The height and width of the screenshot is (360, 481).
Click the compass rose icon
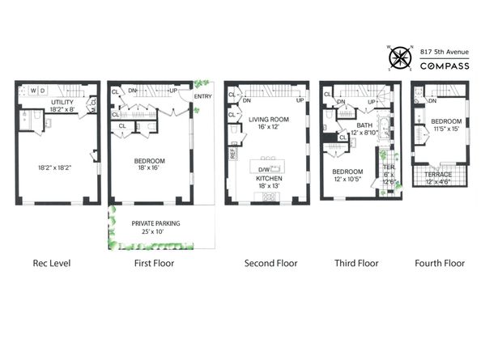pos(398,58)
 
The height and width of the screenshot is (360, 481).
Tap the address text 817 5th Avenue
pos(445,51)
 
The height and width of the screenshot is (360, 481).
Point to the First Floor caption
pos(153,263)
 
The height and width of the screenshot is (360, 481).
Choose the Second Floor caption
pos(270,263)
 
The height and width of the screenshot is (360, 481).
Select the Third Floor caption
pos(356,263)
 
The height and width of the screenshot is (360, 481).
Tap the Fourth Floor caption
pos(440,263)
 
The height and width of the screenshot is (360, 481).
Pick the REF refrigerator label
pos(233,151)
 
